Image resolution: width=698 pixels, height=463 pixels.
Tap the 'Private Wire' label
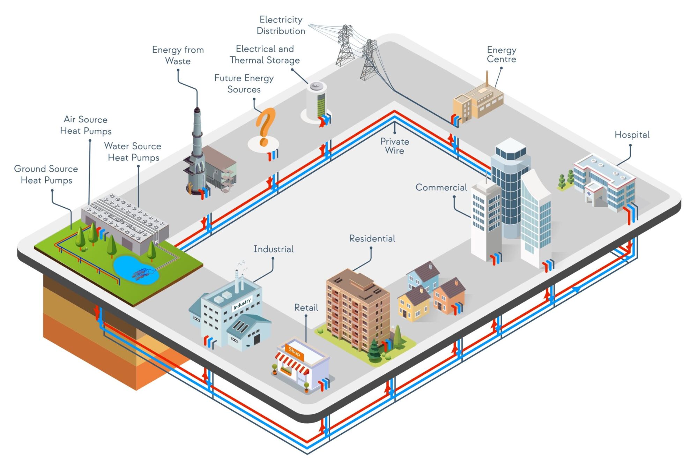tap(394, 146)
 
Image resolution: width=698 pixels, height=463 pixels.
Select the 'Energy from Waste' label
tap(178, 55)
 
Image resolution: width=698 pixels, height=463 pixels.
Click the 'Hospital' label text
tap(632, 135)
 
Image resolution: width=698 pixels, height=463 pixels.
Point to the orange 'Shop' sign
tap(294, 352)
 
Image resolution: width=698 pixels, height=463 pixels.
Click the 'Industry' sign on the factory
tap(242, 303)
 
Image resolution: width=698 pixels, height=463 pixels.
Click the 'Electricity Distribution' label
tap(281, 25)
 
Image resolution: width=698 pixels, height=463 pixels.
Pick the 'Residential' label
tap(372, 239)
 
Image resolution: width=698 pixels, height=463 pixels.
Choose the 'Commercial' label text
tap(441, 187)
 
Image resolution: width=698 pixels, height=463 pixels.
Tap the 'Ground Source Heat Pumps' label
tap(46, 174)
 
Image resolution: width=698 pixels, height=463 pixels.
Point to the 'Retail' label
tap(306, 308)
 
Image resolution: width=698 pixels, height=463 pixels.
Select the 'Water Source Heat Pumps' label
tap(133, 152)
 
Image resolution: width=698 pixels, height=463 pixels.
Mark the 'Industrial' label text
tap(273, 249)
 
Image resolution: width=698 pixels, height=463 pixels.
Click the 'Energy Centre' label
tap(501, 54)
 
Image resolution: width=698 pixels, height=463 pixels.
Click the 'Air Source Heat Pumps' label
tap(86, 125)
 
